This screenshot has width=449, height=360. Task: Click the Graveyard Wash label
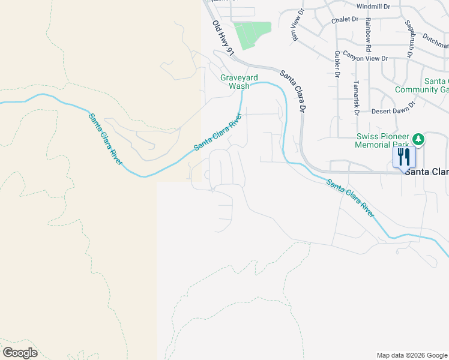point(234,82)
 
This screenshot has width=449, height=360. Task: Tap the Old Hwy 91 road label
point(222,38)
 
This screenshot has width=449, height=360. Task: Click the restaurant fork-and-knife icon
point(403,157)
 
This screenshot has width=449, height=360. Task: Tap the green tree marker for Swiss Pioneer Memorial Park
point(418,140)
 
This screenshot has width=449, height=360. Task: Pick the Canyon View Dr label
point(366,59)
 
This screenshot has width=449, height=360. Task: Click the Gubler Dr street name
point(337,64)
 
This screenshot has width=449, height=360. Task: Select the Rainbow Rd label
point(368,35)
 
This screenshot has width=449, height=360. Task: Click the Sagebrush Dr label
point(409,38)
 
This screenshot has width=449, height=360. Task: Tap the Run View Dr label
point(295,27)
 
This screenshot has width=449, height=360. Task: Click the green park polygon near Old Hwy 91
point(251,34)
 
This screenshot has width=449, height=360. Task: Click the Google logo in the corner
point(20,353)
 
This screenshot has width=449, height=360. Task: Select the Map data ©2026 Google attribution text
point(412,355)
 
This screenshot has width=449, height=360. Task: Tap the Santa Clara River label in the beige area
point(106,139)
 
